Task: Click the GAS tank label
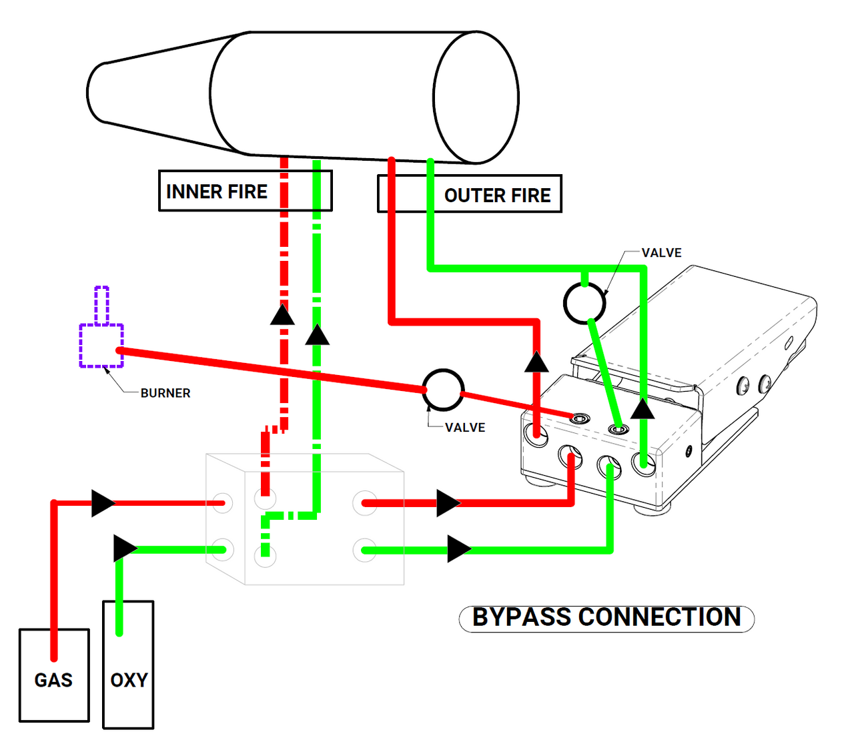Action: [x=53, y=680]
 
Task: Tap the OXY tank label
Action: [x=129, y=680]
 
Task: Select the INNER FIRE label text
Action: [x=216, y=192]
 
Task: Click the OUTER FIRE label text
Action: [x=497, y=196]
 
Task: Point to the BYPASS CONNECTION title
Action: [x=606, y=618]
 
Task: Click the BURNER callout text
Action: [x=165, y=394]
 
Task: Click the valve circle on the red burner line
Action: [x=443, y=390]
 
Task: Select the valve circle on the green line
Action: [x=584, y=304]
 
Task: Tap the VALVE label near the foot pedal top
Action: [x=661, y=253]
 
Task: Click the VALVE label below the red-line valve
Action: [x=465, y=428]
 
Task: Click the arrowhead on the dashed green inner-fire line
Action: [x=317, y=334]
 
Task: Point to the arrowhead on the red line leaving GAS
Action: [x=103, y=503]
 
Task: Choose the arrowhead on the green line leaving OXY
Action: [x=125, y=548]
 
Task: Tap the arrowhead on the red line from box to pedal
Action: [x=448, y=503]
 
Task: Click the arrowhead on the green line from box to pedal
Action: [x=458, y=549]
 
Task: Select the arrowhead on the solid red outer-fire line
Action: [x=536, y=362]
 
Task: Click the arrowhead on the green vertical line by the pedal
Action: [x=643, y=408]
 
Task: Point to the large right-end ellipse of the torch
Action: [x=476, y=97]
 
